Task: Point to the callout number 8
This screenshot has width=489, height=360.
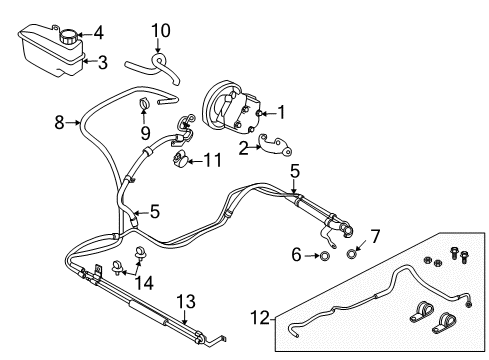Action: point(59,122)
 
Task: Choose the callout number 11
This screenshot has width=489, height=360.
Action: point(212,158)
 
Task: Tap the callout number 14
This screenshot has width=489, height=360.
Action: point(147,284)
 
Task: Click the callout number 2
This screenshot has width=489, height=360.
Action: point(243,149)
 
